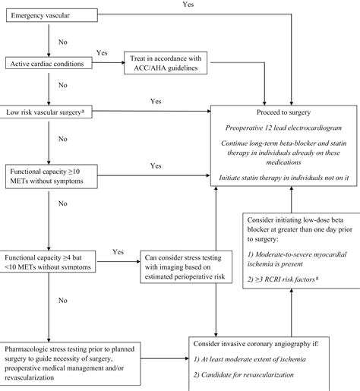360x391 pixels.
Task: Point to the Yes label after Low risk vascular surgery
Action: coord(156,101)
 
